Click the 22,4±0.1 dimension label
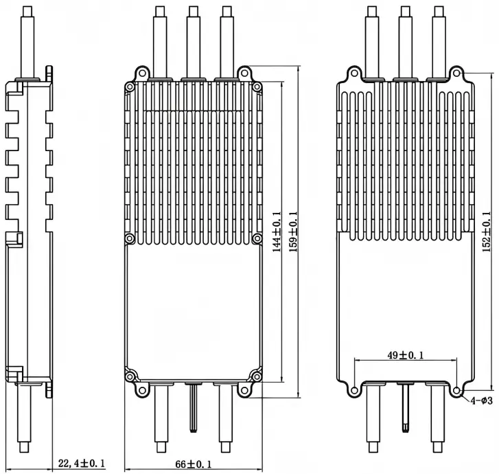[82, 463]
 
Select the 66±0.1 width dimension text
[193, 464]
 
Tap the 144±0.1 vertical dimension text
[277, 232]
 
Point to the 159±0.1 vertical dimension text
[293, 232]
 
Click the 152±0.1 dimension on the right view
[487, 232]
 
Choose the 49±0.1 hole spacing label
[406, 355]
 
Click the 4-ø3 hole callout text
[481, 400]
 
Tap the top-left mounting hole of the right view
[354, 73]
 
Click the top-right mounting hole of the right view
[456, 73]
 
